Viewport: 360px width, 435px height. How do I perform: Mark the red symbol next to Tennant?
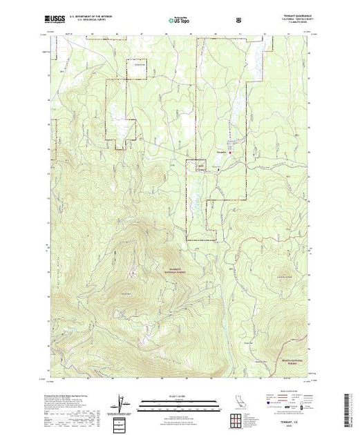tap(231, 152)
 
